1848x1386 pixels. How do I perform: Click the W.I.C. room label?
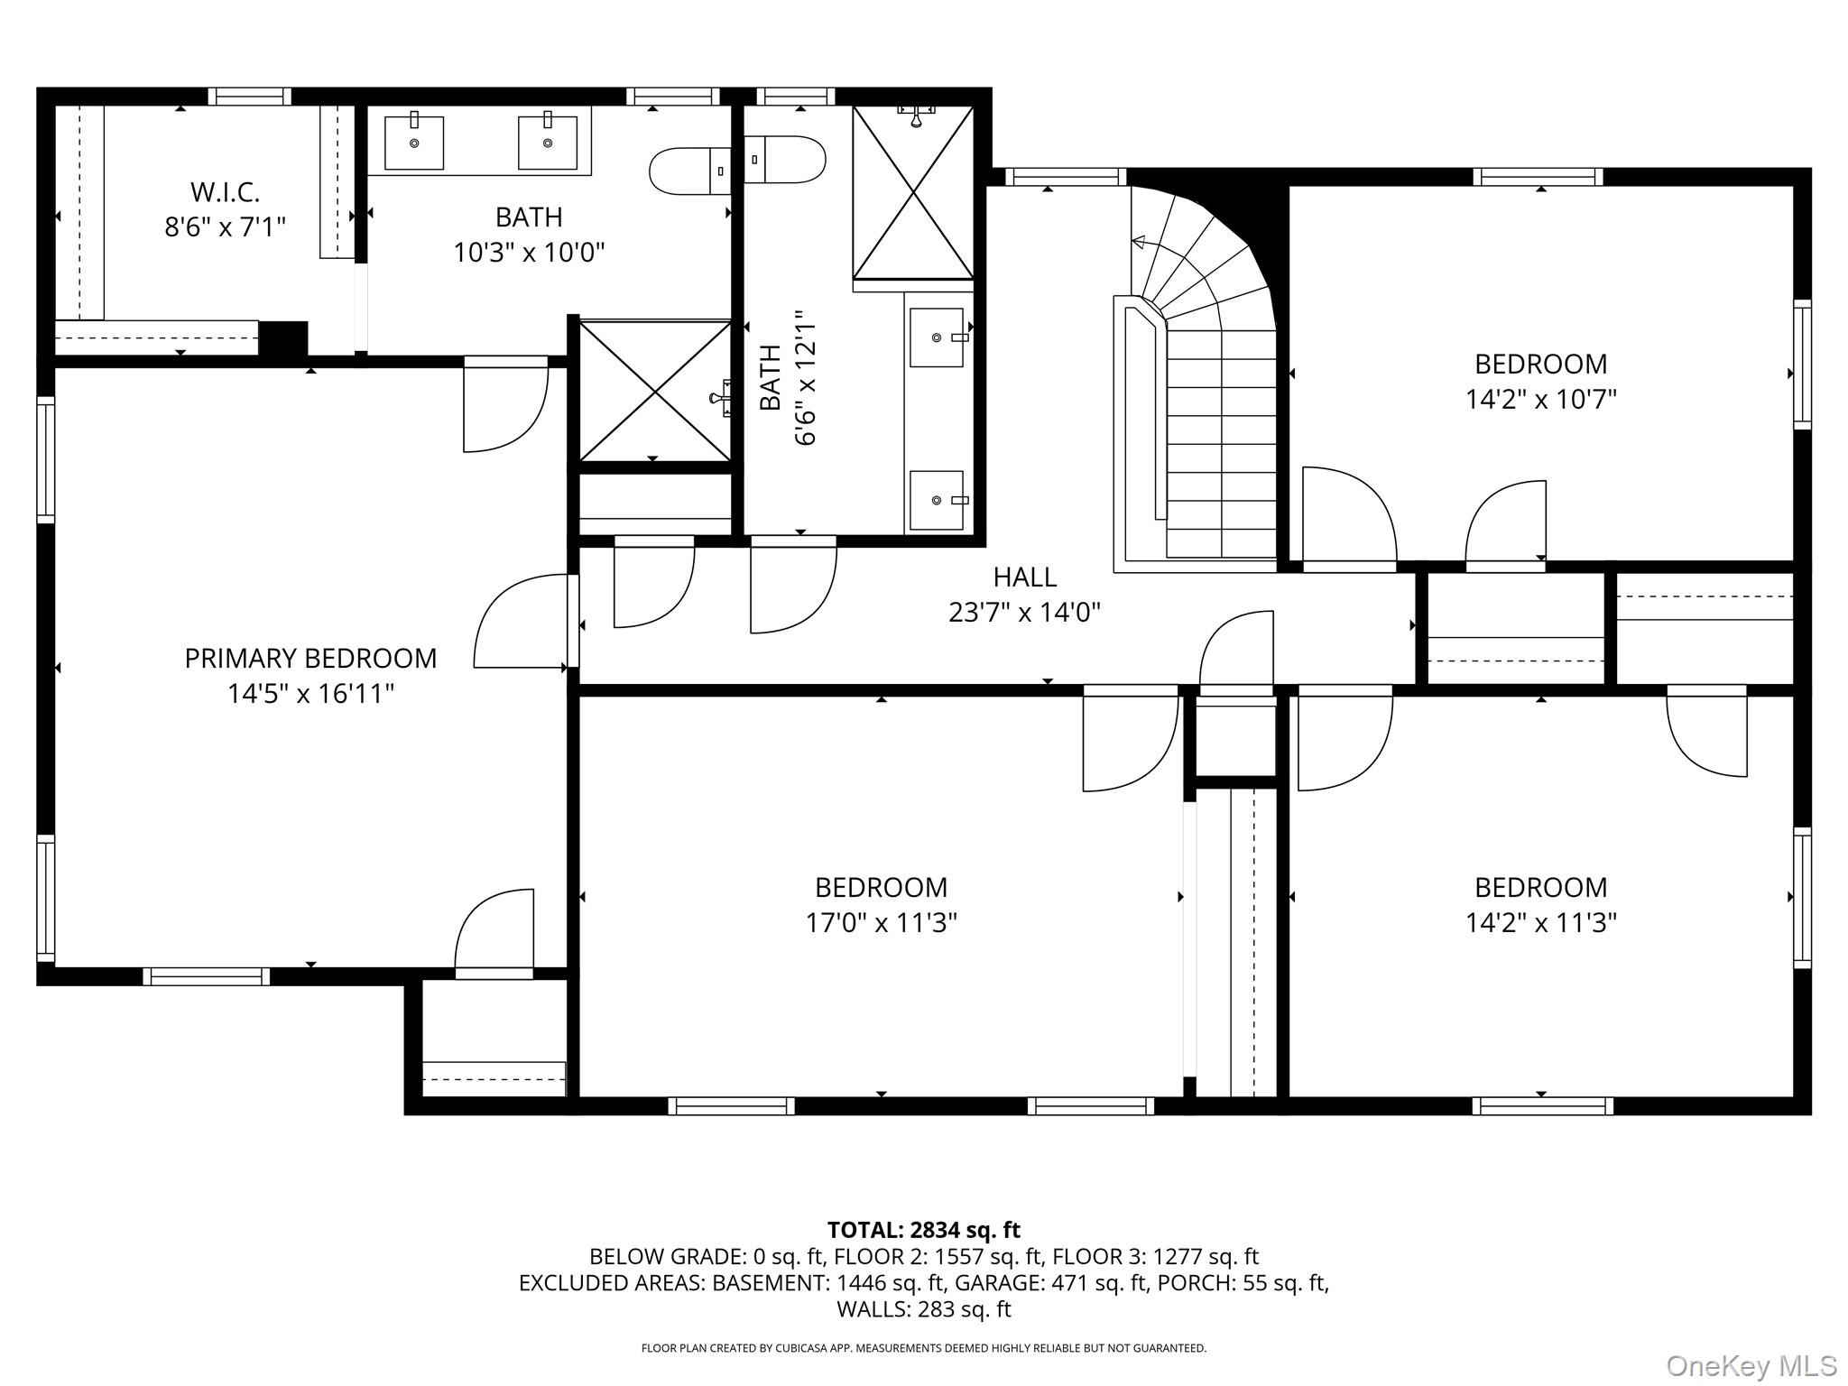[x=225, y=192]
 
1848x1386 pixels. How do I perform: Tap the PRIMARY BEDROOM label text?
[x=310, y=659]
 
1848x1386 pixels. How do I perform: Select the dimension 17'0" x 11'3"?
[x=881, y=923]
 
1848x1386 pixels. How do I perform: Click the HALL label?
[x=1024, y=577]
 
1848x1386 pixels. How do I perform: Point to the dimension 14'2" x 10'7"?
[x=1540, y=399]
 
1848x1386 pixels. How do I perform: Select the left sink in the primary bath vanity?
[x=414, y=143]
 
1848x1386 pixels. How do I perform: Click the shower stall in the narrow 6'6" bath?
[x=913, y=192]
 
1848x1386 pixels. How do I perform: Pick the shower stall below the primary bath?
[x=654, y=390]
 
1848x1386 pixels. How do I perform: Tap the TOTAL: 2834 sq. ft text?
[x=923, y=1230]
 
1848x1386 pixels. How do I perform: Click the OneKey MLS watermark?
[x=1751, y=1365]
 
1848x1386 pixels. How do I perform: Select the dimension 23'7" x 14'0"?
[x=1024, y=613]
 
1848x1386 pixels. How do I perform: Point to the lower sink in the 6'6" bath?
[x=936, y=500]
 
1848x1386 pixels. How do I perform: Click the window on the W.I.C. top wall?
[x=249, y=97]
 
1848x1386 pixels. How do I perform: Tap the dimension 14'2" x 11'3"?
[x=1540, y=923]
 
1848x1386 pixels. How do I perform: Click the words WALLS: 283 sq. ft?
[x=923, y=1309]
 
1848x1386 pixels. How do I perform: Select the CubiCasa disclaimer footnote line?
[x=923, y=1348]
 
